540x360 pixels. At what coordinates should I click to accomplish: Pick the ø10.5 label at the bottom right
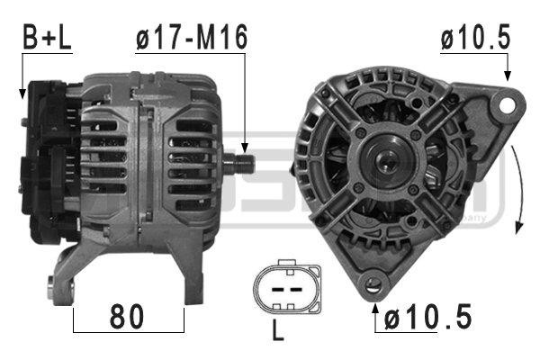427,319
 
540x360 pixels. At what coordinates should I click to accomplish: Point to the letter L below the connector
278,331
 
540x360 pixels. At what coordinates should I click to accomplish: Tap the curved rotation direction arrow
519,189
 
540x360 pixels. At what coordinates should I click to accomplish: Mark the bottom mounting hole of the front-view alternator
372,287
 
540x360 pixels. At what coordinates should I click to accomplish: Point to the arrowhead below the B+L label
22,92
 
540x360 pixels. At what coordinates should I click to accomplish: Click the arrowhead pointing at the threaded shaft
244,145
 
